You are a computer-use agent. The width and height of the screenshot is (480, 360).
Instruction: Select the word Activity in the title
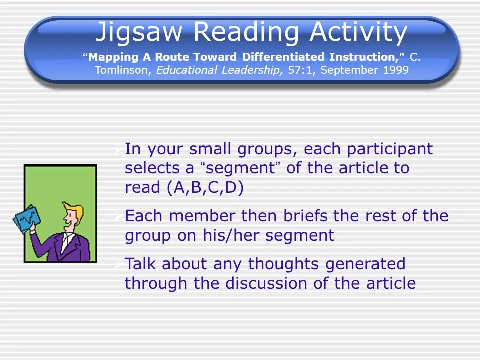[358, 32]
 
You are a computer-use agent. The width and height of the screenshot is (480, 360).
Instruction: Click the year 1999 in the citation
[396, 70]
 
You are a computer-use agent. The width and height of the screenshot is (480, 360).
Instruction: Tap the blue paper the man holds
[25, 219]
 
